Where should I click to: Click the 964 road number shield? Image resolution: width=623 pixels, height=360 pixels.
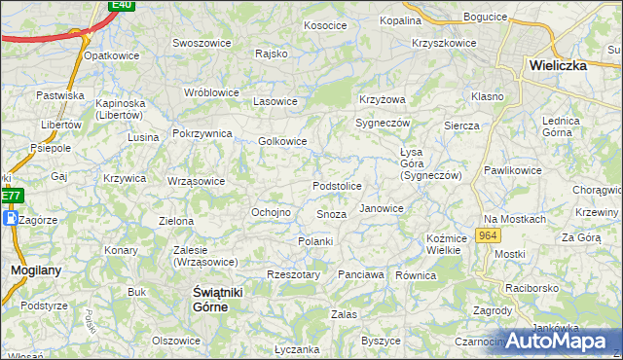[x=489, y=236]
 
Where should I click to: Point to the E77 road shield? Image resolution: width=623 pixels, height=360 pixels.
[x=11, y=196]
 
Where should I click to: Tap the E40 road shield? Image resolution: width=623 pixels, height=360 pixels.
[x=121, y=5]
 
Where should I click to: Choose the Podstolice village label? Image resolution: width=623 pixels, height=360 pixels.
[x=337, y=186]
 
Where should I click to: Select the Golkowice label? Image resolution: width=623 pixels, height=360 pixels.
[x=282, y=141]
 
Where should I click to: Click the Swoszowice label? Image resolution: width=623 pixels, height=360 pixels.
[x=202, y=43]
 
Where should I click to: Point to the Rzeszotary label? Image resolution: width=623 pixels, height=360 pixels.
[x=293, y=275]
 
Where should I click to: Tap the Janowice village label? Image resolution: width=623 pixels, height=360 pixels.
[x=381, y=208]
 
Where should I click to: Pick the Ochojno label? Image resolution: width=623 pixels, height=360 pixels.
[x=272, y=212]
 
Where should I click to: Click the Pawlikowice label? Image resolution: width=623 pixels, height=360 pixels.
[x=512, y=170]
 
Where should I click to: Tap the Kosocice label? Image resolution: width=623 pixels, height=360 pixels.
[x=326, y=25]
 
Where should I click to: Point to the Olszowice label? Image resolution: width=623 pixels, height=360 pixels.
[x=176, y=341]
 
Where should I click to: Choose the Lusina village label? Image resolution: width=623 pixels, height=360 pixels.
[x=142, y=137]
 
